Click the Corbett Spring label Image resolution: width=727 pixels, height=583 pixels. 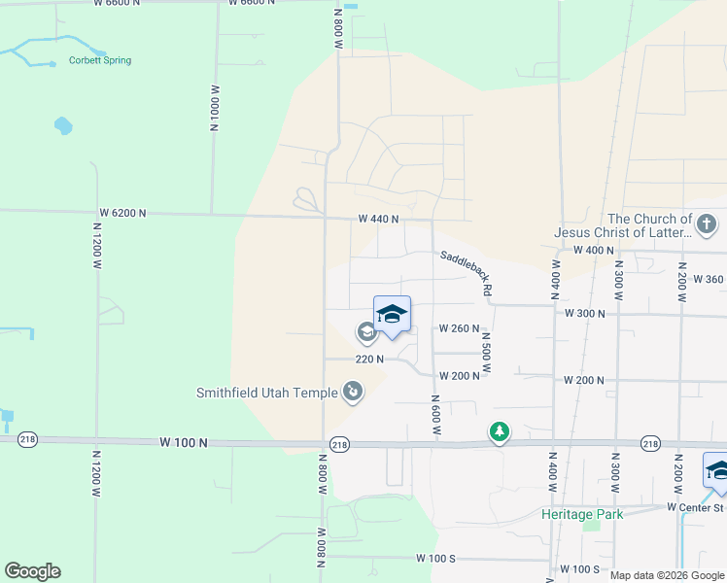99,60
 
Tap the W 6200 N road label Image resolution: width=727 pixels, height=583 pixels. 122,213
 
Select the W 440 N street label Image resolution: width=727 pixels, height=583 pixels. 378,220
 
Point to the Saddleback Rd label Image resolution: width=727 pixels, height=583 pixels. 467,274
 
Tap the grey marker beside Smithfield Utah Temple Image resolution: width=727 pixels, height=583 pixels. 352,392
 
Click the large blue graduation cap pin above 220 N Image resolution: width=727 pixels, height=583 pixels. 392,314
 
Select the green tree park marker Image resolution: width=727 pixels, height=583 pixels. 499,430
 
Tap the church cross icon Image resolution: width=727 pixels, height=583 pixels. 706,225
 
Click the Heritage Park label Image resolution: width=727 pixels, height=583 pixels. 582,514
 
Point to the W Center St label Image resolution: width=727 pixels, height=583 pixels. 696,507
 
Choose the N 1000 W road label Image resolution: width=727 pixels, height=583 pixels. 213,108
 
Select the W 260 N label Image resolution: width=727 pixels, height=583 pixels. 459,328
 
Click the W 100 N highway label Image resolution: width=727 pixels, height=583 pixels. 184,442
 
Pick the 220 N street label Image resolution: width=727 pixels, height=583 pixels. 369,359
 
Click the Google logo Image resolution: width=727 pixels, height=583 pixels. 32,571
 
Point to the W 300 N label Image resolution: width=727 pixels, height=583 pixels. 585,314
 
